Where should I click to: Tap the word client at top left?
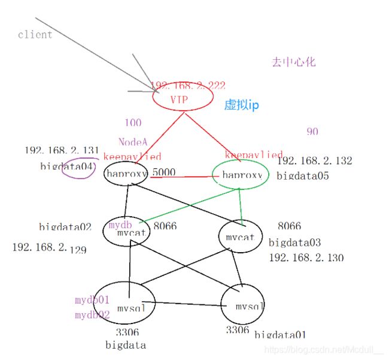tap(35, 34)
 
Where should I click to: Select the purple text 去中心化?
tap(293, 62)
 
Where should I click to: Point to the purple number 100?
tap(133, 123)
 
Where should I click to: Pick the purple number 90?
tap(312, 132)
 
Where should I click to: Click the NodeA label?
tap(132, 143)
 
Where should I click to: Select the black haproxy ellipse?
tap(127, 174)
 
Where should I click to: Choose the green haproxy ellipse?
tap(241, 175)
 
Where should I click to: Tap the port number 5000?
tap(163, 173)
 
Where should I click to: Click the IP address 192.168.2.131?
tap(53, 150)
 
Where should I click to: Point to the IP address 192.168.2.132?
tap(314, 161)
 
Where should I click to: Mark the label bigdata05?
tap(302, 176)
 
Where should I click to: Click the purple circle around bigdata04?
tap(78, 168)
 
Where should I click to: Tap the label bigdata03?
tap(294, 243)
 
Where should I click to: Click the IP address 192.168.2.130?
tap(306, 258)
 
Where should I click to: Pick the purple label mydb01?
tap(92, 300)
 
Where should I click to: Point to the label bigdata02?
tap(65, 227)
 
